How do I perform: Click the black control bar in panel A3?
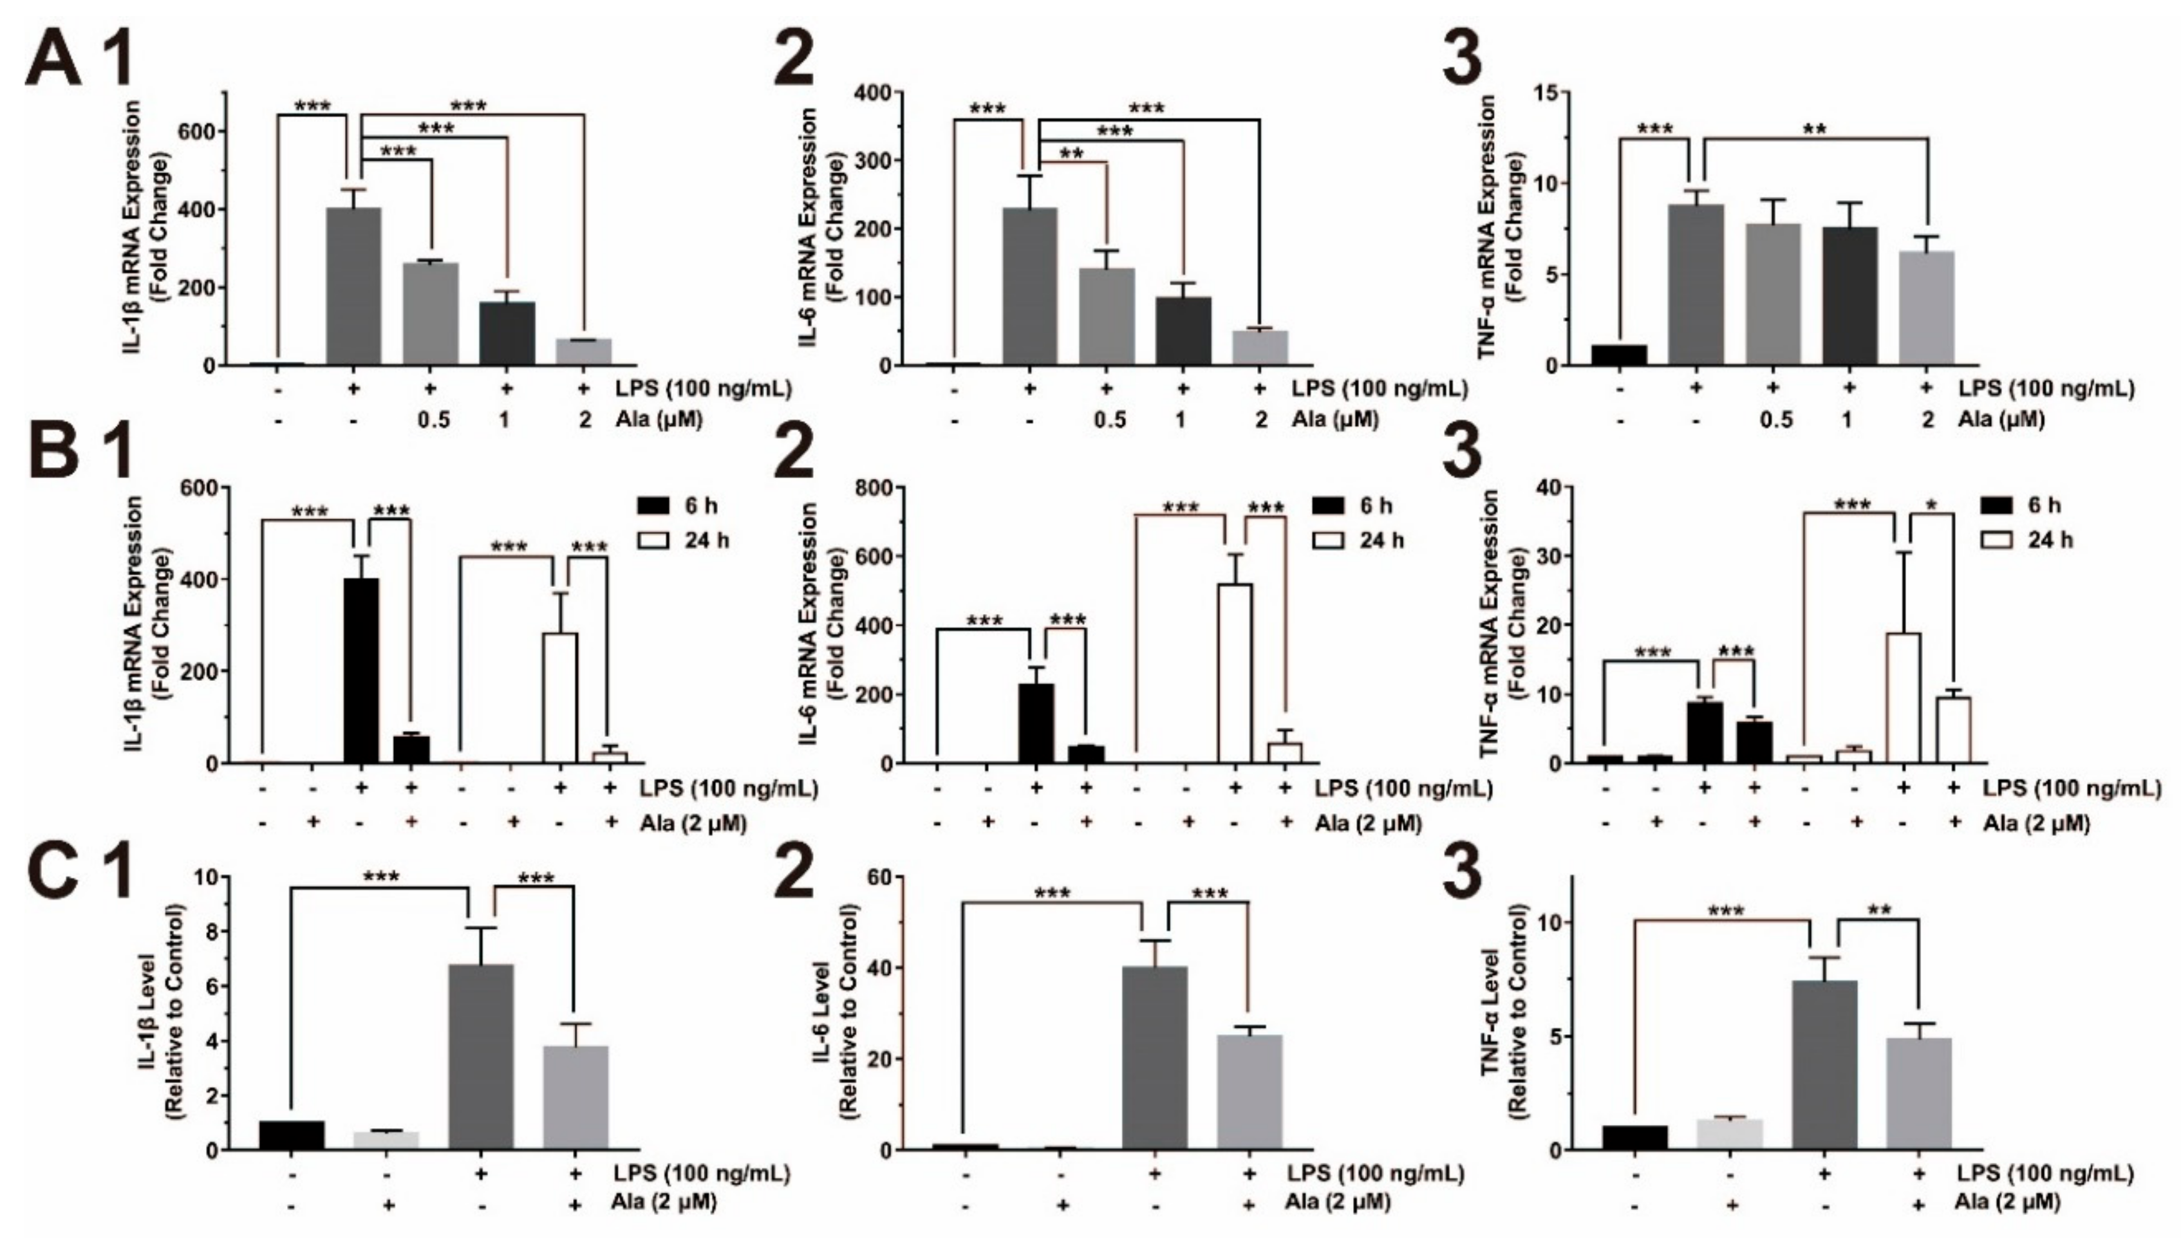[1619, 355]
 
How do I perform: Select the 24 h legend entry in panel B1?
[684, 541]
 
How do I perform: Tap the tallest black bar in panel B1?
[360, 671]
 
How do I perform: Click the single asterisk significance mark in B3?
[1933, 505]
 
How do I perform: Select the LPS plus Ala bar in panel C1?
[576, 1097]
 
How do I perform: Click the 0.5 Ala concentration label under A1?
[434, 420]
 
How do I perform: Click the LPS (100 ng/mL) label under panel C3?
[2045, 1173]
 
